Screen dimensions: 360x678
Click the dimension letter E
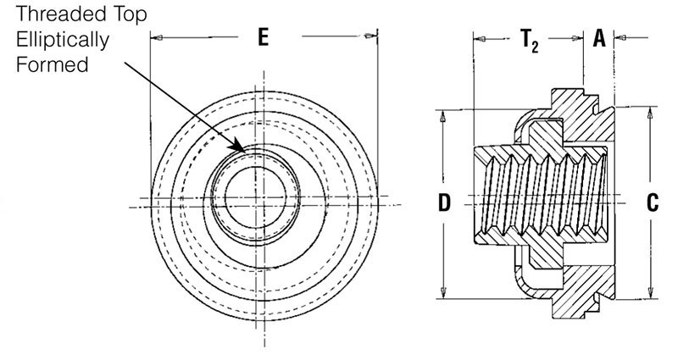click(264, 38)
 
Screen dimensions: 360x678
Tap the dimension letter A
click(599, 38)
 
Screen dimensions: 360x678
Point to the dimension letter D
click(443, 202)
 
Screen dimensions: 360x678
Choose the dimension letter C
click(652, 202)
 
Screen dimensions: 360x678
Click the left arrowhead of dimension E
click(155, 37)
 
